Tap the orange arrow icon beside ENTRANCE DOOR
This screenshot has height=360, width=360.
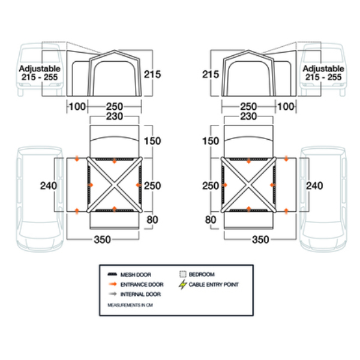pos(112,284)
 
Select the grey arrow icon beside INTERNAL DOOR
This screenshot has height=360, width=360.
pos(112,295)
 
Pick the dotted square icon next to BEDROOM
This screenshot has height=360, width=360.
pos(182,274)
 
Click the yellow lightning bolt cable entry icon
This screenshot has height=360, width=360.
pos(182,284)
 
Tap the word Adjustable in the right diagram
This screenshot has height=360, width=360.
pos(323,69)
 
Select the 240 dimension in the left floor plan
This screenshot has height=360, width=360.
pos(48,185)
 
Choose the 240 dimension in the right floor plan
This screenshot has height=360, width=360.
pos(314,185)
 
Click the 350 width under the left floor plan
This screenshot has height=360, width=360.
pos(103,239)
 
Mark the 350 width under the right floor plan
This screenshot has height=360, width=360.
pos(260,239)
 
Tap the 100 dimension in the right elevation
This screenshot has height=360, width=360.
pos(287,106)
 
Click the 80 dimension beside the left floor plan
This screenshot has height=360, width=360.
pos(152,220)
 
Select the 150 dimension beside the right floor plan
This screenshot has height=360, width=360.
pos(211,141)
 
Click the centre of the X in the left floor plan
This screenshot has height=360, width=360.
pos(114,185)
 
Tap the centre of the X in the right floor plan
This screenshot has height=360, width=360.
pos(248,185)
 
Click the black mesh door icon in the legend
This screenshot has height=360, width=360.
pos(112,274)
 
